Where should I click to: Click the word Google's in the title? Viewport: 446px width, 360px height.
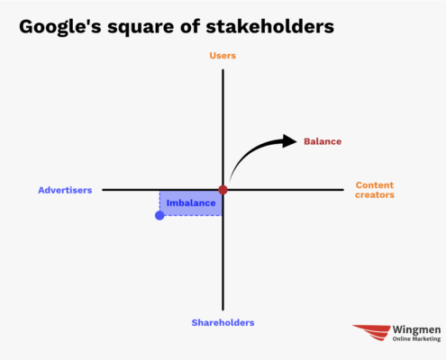[x=60, y=27]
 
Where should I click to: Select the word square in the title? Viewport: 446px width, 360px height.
[x=141, y=28]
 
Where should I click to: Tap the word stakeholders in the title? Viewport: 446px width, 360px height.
[x=270, y=26]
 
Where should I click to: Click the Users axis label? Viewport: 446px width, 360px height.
[x=223, y=56]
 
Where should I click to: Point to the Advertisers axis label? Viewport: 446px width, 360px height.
[x=65, y=190]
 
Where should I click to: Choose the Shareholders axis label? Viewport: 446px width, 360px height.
[x=223, y=323]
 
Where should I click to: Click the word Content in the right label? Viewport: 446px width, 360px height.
[x=375, y=185]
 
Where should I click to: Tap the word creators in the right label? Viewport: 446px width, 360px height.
[x=375, y=195]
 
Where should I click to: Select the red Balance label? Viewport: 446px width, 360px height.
[x=323, y=141]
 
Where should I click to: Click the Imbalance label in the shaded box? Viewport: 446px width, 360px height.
[x=191, y=203]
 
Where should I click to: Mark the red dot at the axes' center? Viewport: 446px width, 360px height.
[x=223, y=190]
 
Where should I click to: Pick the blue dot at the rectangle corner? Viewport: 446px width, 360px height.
[x=159, y=215]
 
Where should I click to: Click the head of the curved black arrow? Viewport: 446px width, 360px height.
[x=289, y=141]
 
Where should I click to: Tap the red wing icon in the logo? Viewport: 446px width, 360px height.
[x=371, y=332]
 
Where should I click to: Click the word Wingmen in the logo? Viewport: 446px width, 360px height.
[x=416, y=330]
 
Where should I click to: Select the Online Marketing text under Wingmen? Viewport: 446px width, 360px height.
[x=416, y=339]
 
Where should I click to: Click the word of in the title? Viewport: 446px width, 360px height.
[x=190, y=26]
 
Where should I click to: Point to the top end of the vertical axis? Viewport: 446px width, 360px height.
[x=223, y=70]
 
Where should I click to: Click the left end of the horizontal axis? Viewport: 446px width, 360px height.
[x=103, y=190]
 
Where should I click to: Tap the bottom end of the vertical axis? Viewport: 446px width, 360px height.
[x=223, y=310]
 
